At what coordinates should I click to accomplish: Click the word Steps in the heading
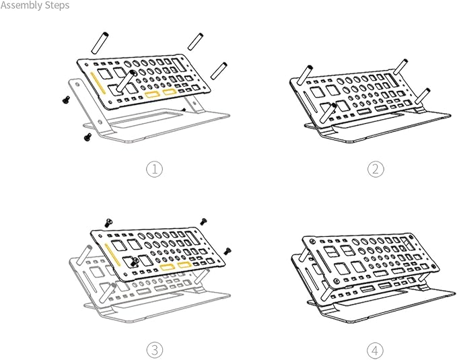coord(59,5)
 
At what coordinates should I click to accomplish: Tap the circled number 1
coord(154,169)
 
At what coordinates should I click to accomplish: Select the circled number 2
coord(376,169)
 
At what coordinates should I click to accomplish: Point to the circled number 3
coord(155,350)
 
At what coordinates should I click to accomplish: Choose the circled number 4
coord(376,350)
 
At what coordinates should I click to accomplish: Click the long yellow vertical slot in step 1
coord(98,83)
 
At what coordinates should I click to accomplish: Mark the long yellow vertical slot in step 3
coord(112,254)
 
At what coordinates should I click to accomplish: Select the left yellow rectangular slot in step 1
coord(152,95)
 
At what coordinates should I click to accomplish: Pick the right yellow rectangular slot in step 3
coord(184,265)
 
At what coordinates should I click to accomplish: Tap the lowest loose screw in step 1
coord(87,137)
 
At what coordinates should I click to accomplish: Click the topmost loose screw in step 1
coord(66,100)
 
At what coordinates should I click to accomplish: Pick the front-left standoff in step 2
coord(328,112)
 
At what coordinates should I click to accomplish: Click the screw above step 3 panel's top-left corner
coord(109,223)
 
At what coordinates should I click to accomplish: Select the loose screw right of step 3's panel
coord(227,250)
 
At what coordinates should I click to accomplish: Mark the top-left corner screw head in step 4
coord(312,242)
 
